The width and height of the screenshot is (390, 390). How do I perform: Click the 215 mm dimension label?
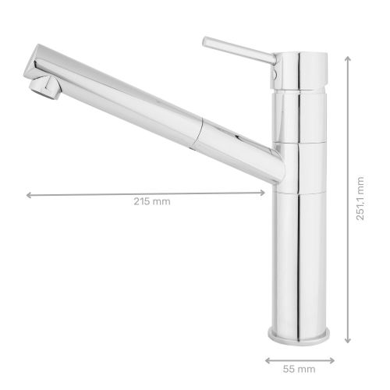pos(151,201)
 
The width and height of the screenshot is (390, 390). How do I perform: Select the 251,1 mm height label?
pos(360,198)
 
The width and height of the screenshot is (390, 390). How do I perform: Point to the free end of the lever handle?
pos(206,40)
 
